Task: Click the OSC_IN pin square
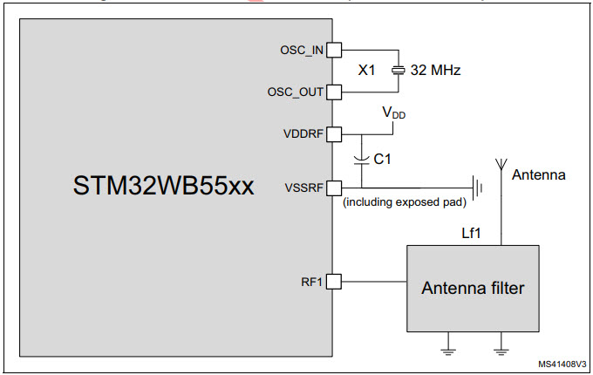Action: tap(333, 50)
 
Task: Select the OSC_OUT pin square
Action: tap(333, 91)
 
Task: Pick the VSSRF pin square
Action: tap(333, 187)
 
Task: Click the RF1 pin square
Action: tap(333, 281)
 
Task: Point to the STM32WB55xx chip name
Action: tap(164, 186)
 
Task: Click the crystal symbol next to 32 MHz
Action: tap(397, 70)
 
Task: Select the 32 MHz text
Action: tap(436, 70)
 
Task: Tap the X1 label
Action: tap(366, 70)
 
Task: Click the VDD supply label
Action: tap(394, 113)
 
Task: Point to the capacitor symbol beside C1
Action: tap(360, 160)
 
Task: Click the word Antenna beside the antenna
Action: tap(538, 175)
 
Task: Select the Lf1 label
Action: tap(472, 233)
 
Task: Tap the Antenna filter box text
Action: tap(473, 288)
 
